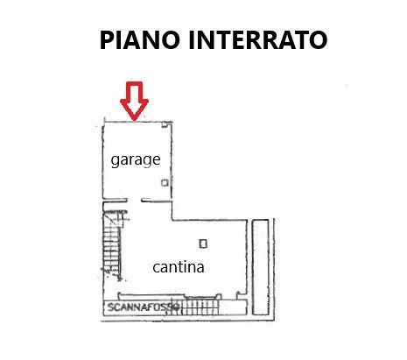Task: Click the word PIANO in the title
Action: tap(139, 39)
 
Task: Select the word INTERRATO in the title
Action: tap(258, 39)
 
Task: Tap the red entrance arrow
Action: tap(134, 101)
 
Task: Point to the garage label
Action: tap(136, 160)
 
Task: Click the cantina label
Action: tap(179, 267)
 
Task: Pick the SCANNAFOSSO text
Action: tap(143, 307)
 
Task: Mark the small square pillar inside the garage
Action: tap(165, 183)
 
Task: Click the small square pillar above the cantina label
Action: tap(203, 244)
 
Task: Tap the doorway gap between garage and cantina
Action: tap(135, 201)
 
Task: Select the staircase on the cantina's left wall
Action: tap(113, 244)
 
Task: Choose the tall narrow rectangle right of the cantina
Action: tap(261, 267)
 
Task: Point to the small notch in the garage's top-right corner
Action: tap(165, 125)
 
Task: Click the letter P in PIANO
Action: tap(107, 39)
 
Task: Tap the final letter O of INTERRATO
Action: tap(318, 39)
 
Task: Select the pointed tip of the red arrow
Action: tap(134, 120)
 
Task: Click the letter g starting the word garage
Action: tap(116, 161)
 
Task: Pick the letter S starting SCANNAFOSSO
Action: tap(110, 307)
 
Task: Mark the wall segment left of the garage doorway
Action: tap(116, 201)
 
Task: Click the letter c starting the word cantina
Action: tap(156, 268)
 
